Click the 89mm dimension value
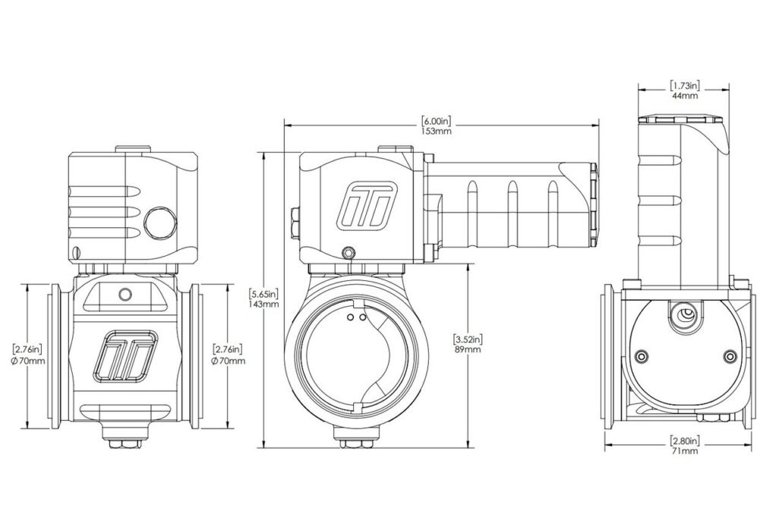click(466, 349)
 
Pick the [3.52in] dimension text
click(466, 339)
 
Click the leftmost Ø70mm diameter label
click(29, 360)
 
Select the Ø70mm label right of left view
click(228, 360)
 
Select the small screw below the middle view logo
click(348, 252)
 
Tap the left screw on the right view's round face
click(643, 356)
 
